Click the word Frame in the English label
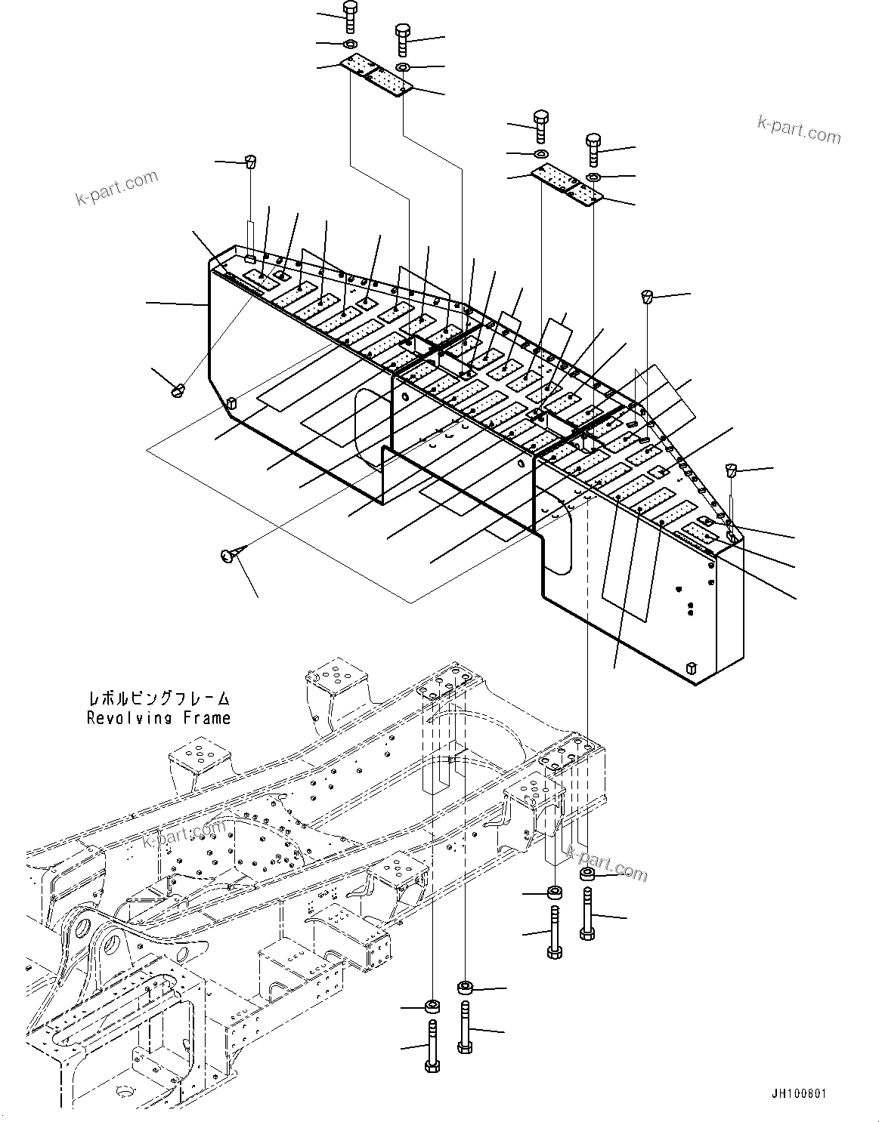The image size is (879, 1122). click(x=207, y=718)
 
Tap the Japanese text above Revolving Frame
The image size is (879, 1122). click(x=158, y=699)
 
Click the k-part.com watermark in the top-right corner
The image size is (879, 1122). click(x=799, y=129)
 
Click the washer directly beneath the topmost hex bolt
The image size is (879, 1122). click(x=351, y=45)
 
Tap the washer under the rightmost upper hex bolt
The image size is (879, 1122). click(x=594, y=177)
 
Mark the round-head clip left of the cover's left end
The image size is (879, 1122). click(x=178, y=390)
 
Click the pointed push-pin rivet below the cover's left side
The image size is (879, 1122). click(x=229, y=556)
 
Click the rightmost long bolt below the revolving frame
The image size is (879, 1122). click(x=587, y=914)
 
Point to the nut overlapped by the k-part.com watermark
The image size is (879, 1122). click(x=587, y=874)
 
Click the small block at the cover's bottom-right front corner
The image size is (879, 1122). click(x=690, y=667)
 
